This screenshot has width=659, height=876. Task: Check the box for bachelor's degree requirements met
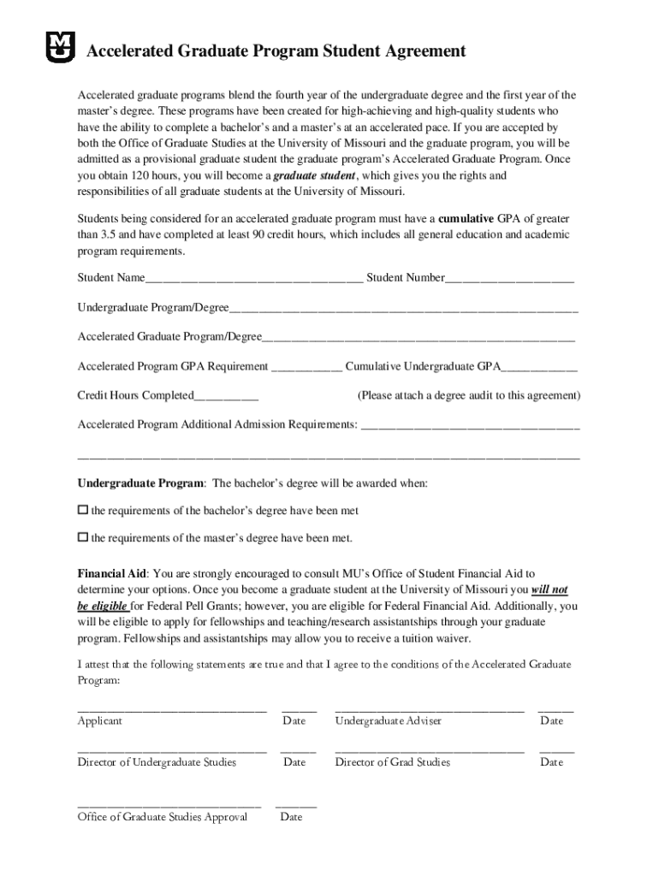83,510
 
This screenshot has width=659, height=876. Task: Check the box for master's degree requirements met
83,538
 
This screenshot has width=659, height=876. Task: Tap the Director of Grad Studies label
392,762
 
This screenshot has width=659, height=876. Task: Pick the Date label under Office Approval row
291,817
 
